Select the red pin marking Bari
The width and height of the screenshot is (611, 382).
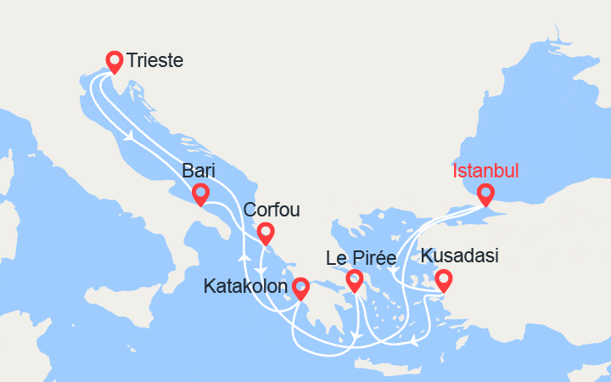200,194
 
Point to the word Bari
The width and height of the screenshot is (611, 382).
197,171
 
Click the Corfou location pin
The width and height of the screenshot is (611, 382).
265,233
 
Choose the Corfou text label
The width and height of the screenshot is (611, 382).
271,210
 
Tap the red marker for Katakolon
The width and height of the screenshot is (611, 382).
300,289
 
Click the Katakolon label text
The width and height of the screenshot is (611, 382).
245,287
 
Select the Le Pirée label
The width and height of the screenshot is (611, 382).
361,257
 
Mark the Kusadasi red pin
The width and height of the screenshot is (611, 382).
442,279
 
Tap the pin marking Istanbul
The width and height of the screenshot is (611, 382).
485,194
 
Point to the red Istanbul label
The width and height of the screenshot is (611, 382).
485,171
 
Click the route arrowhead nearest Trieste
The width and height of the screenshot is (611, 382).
130,135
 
